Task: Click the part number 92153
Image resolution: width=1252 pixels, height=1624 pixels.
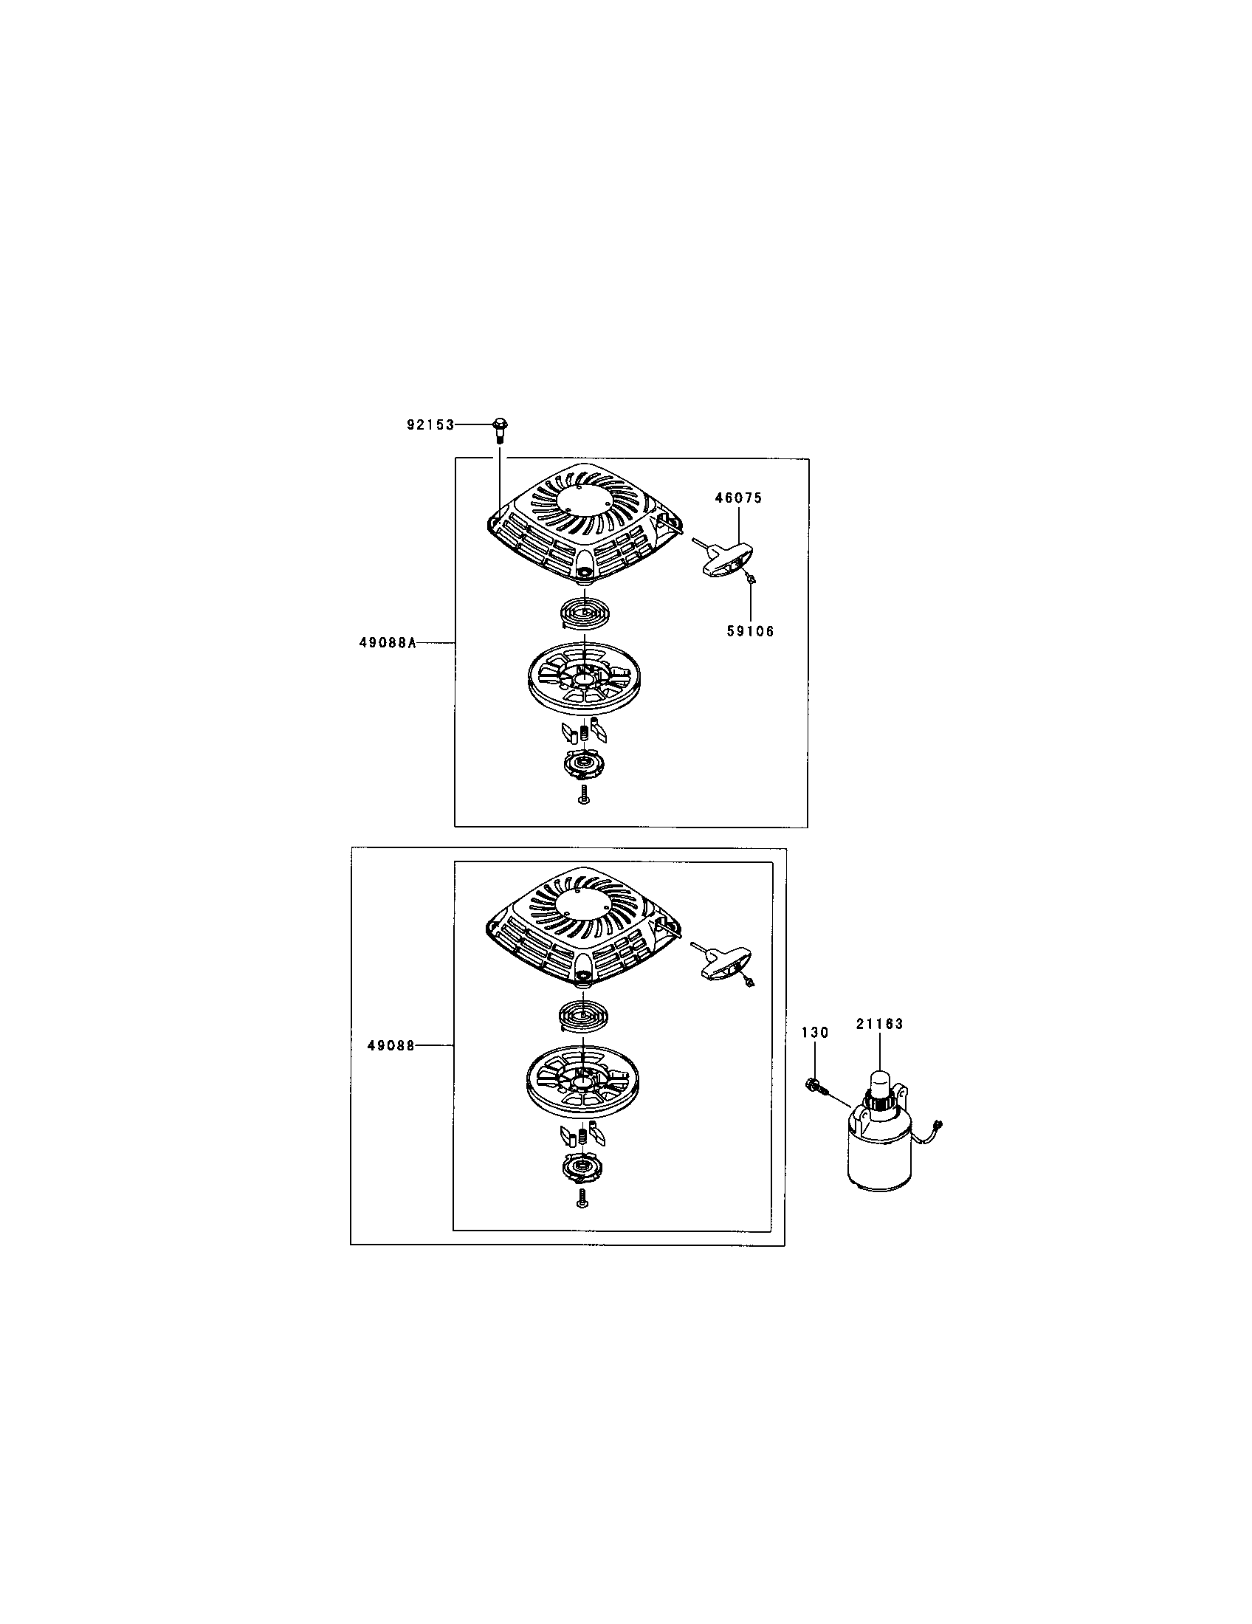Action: click(430, 424)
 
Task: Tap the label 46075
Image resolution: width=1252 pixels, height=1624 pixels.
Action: click(739, 498)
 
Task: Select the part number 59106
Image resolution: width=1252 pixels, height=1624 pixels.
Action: click(750, 631)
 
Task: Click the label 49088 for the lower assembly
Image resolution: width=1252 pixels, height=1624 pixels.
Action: click(391, 1045)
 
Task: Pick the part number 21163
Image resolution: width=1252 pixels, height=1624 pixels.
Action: click(879, 1023)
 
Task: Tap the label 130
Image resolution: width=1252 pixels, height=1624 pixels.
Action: click(815, 1033)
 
